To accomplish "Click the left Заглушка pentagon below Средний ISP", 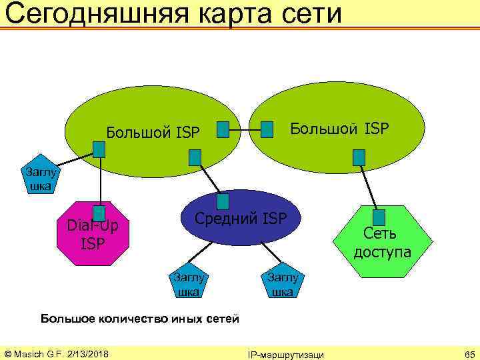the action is [189, 283].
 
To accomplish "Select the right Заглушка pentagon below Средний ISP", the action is [284, 283].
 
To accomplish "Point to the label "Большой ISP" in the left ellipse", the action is [153, 133].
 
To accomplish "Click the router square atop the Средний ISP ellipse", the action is [223, 201].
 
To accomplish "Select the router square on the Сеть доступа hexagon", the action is [379, 217].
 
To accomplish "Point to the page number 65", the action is [469, 353].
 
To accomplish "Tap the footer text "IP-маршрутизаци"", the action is [285, 354].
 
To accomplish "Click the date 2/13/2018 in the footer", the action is [88, 353].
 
